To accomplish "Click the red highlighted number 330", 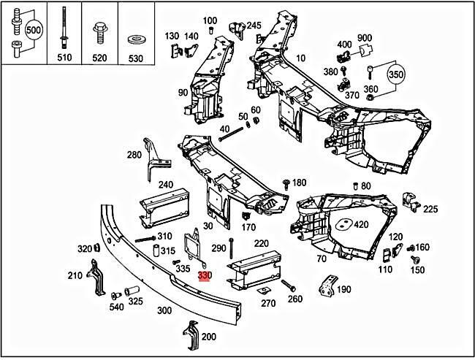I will (205, 275).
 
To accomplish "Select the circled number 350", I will (395, 75).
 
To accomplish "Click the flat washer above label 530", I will (135, 37).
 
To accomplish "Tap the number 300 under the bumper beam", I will (164, 310).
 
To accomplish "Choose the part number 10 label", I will (301, 58).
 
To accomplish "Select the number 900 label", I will (365, 38).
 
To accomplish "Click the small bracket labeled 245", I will (236, 30).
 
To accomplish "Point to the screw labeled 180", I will (285, 183).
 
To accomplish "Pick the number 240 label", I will (165, 185).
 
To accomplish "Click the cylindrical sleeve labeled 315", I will (156, 251).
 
